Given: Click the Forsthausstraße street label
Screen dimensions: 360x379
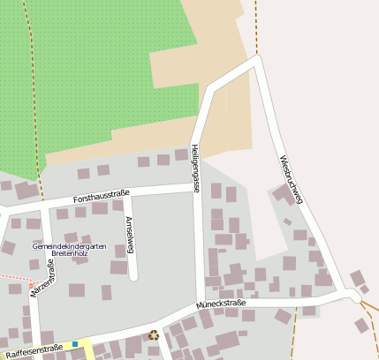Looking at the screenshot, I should coord(102,197).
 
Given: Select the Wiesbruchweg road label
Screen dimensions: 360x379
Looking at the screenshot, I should coord(291,180).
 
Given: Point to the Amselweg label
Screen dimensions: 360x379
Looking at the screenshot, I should coord(130,234).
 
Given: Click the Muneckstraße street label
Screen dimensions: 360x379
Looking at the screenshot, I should coord(221,304).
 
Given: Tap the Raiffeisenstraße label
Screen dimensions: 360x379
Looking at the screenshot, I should coord(34,349).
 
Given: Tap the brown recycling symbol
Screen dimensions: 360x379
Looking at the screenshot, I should coord(154,335).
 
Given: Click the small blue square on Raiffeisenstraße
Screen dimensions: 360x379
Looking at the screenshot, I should coord(75,344).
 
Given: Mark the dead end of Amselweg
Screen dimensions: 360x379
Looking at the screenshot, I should coord(134,277).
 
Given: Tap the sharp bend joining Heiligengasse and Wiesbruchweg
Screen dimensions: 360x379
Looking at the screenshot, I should coord(257,60).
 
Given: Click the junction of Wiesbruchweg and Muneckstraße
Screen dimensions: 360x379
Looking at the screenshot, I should coord(351,294).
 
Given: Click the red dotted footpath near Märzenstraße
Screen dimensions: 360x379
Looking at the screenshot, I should coord(12,286).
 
